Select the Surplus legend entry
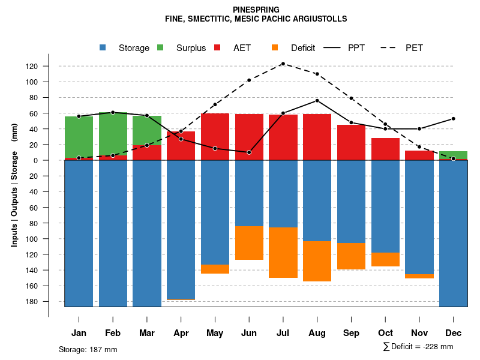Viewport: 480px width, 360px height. pyautogui.click(x=191, y=48)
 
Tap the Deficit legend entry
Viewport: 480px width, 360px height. pyautogui.click(x=303, y=48)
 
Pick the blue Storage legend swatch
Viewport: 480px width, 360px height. pyautogui.click(x=103, y=48)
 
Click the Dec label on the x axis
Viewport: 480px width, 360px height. pyautogui.click(x=453, y=333)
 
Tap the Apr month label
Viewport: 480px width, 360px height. pyautogui.click(x=181, y=333)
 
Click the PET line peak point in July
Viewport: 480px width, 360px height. pyautogui.click(x=283, y=64)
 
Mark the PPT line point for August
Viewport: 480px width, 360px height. pyautogui.click(x=317, y=100)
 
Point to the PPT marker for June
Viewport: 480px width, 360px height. pyautogui.click(x=249, y=152)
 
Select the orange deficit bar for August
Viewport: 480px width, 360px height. pyautogui.click(x=317, y=261)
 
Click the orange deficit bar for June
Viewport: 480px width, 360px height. pyautogui.click(x=249, y=243)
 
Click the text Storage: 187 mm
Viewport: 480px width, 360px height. pyautogui.click(x=88, y=349)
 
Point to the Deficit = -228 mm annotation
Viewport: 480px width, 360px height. pyautogui.click(x=418, y=347)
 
